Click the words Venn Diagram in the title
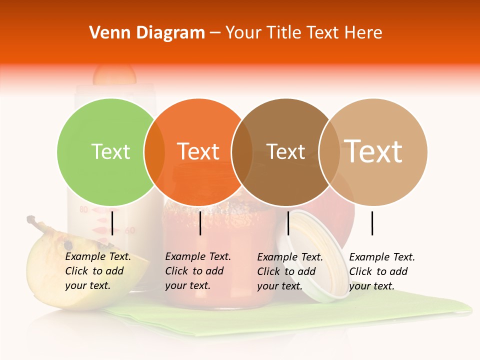(147, 33)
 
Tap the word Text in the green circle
(110, 151)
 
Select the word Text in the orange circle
(198, 151)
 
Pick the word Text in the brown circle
(285, 151)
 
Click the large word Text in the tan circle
(373, 151)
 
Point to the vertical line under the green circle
(112, 223)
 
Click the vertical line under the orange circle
(200, 223)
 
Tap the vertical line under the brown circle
(288, 223)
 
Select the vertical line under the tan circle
(372, 223)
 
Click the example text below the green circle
(97, 271)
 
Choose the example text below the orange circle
(197, 271)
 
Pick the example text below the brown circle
(289, 271)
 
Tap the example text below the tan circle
(381, 271)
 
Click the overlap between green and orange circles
(154, 151)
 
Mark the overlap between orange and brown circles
(242, 151)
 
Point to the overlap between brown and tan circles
(329, 151)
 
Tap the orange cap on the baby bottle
(114, 75)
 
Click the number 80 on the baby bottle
(83, 209)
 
